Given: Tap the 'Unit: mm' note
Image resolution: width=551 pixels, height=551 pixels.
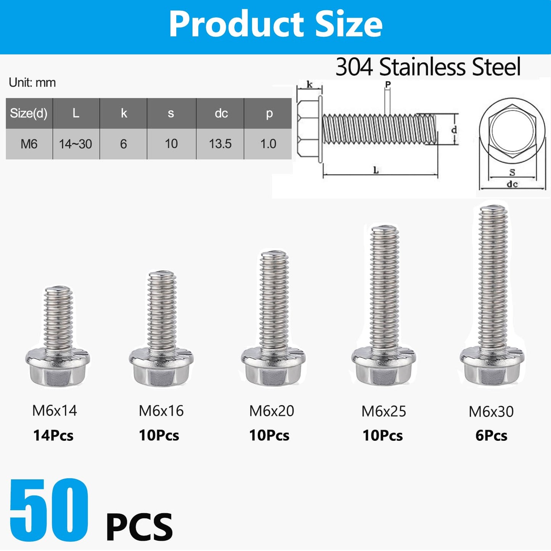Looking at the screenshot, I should point(32,83).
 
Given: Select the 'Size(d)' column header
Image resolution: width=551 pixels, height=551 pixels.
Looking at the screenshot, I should point(29,113).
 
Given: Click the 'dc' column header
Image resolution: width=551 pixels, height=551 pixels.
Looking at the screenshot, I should point(221,113).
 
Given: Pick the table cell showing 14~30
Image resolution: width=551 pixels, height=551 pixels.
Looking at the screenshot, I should point(76,144).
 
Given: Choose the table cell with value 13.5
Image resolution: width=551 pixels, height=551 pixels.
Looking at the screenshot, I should point(220,144).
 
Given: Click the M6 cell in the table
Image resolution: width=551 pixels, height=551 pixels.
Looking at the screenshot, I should point(29,144).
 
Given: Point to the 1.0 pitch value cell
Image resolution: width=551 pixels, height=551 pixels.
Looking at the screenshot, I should point(268,144).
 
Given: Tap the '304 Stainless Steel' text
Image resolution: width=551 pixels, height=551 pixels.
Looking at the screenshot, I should point(428,67).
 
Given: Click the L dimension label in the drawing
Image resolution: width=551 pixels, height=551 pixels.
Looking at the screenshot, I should point(376,170).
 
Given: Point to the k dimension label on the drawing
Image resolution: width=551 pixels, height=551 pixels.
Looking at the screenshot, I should point(309,85).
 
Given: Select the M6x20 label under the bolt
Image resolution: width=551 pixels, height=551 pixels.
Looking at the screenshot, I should point(271,411).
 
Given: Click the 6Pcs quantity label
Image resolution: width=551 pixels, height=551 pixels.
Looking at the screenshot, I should point(491,435).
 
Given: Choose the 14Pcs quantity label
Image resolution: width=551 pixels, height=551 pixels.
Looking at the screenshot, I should point(53,435).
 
